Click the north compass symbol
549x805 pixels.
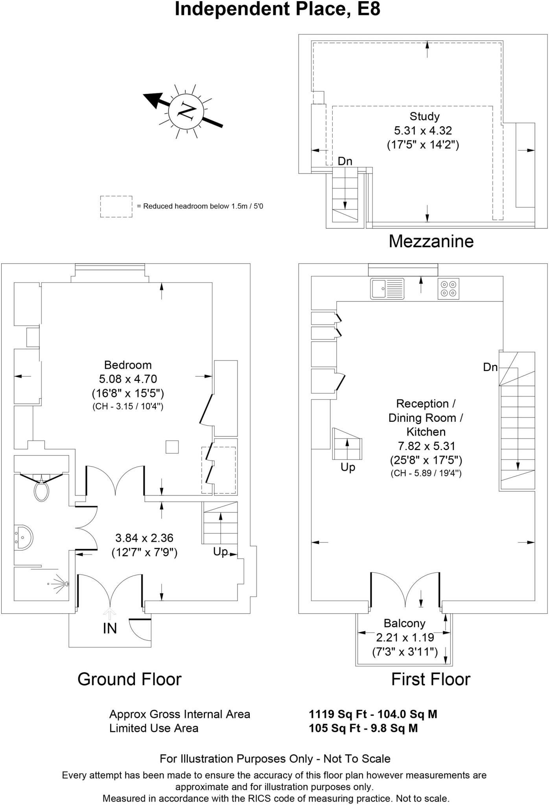(186, 111)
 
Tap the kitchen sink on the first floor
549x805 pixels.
(387, 289)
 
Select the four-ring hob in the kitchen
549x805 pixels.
(448, 289)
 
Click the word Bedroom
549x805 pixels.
(128, 365)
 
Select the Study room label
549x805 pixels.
(424, 116)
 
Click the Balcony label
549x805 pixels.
(404, 623)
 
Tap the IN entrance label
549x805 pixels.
(110, 629)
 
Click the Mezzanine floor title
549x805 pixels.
(431, 241)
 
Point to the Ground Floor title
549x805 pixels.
(129, 679)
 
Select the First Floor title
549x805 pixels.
(431, 679)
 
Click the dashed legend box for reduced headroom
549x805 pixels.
(116, 206)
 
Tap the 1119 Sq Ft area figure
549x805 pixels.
(334, 714)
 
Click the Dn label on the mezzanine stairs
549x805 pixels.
(345, 161)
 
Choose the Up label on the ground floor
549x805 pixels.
(220, 551)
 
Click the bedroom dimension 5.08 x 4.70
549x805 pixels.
(128, 379)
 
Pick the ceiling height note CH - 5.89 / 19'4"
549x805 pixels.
(426, 473)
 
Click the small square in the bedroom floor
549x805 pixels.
(172, 447)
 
